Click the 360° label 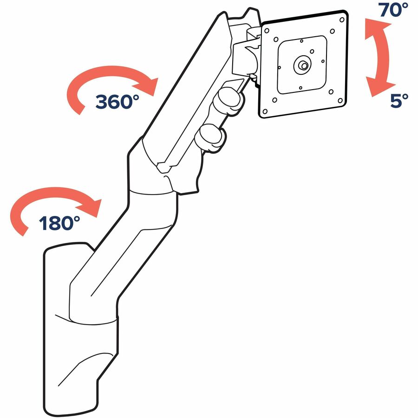pos(118,102)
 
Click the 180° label pos(59,223)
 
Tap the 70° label pos(393,10)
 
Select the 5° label pos(399,101)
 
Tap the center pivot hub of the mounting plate pos(303,65)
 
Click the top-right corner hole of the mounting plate pos(342,20)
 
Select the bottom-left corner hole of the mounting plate pos(265,111)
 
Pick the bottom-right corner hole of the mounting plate pos(340,100)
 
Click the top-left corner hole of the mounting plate pos(267,31)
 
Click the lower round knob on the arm pos(210,138)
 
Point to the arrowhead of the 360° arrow pos(147,86)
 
